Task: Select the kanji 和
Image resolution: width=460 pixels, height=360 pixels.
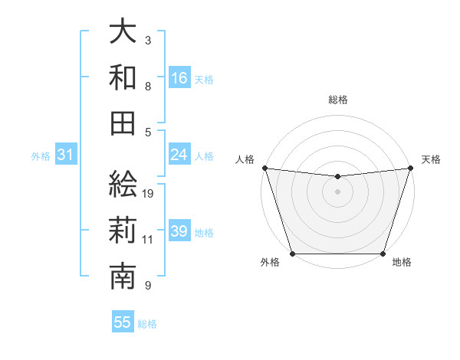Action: pyautogui.click(x=123, y=77)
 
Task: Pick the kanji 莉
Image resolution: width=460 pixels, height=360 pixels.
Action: pyautogui.click(x=123, y=231)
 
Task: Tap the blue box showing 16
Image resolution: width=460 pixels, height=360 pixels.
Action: pyautogui.click(x=179, y=77)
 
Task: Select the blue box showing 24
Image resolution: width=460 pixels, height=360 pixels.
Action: pyautogui.click(x=179, y=155)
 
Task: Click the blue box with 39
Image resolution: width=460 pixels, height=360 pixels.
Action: pyautogui.click(x=179, y=231)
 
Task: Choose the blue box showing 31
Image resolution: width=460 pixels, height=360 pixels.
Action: pyautogui.click(x=66, y=155)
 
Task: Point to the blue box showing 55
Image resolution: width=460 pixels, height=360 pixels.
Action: pyautogui.click(x=123, y=322)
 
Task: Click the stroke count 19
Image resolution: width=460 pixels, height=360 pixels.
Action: pyautogui.click(x=149, y=193)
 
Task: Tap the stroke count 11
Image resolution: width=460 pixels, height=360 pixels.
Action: pyautogui.click(x=148, y=240)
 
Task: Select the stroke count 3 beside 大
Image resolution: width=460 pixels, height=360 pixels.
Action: pyautogui.click(x=148, y=40)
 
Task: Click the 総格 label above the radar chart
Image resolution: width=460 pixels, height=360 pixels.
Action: pyautogui.click(x=337, y=100)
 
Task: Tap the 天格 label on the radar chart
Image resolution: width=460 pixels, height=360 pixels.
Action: pyautogui.click(x=431, y=159)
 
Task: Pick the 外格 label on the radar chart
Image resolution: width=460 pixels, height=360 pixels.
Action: pyautogui.click(x=270, y=263)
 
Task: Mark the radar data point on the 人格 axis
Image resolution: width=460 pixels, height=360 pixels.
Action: pyautogui.click(x=264, y=168)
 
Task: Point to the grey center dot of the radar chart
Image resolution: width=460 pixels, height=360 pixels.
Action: pyautogui.click(x=337, y=191)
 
